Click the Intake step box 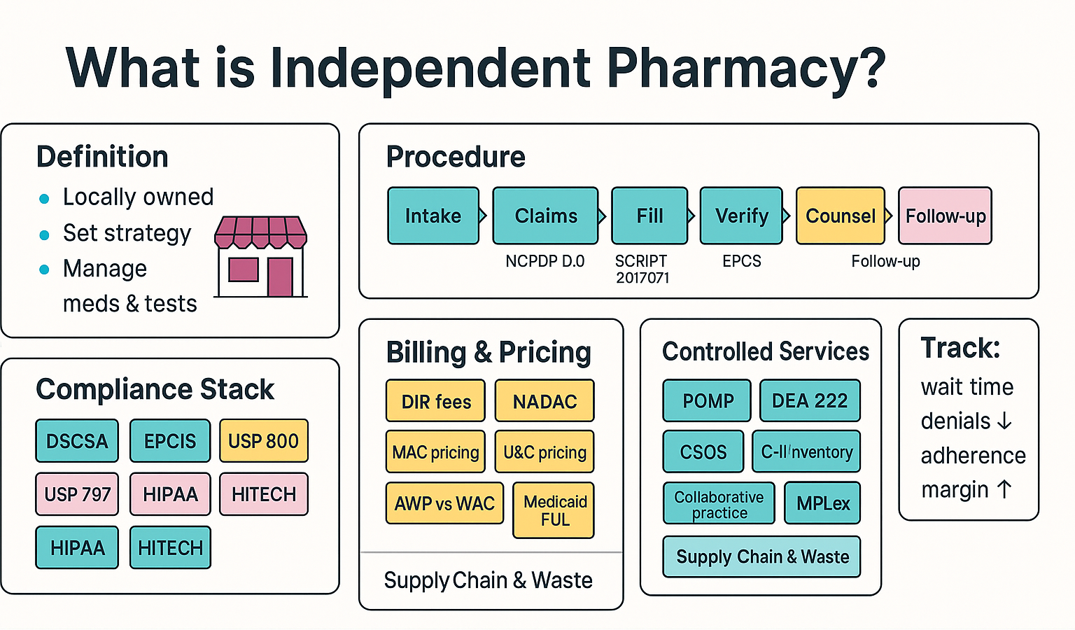coord(433,216)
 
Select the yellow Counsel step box coord(840,216)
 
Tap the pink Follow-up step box coord(945,216)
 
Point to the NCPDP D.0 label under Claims coord(544,261)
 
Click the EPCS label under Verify coord(741,261)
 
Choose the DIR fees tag coord(435,401)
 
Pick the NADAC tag coord(544,401)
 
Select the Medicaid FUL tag coord(554,510)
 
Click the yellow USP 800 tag coord(263,441)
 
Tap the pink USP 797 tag coord(77,494)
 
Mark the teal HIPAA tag coord(77,547)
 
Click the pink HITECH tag coord(263,494)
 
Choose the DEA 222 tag coord(809,400)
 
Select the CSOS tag coord(703,452)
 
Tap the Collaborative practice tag coord(719,504)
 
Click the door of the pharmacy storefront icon coord(280,276)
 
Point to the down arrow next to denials coord(1004,421)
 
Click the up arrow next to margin coord(1004,489)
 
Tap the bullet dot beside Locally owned coord(44,199)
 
